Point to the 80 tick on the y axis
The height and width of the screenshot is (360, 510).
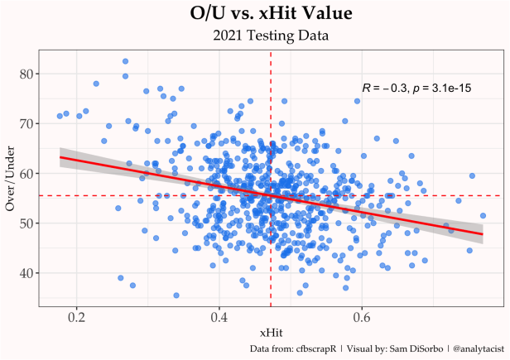click(27, 74)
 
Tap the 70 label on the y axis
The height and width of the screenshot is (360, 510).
click(27, 123)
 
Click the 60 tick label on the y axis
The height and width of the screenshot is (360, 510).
click(27, 173)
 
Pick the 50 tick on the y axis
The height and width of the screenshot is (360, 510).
click(27, 223)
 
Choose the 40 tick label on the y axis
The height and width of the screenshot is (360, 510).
click(27, 272)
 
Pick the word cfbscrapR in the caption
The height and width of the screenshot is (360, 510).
click(316, 349)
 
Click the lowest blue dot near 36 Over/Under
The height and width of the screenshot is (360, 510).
click(176, 295)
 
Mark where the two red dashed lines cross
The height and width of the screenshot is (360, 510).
click(271, 195)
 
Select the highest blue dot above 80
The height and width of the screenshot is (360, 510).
click(125, 61)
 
